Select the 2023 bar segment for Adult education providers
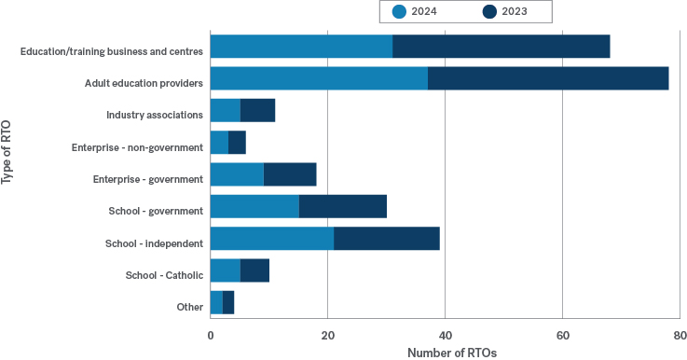coord(548,78)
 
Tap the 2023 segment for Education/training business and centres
coord(501,47)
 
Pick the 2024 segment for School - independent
coord(271,239)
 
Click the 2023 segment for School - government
coord(342,206)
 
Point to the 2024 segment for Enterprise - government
coord(237,174)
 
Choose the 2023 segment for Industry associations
coord(257,110)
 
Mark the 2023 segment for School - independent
coord(386,239)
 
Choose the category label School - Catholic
coord(164,275)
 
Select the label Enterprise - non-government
coord(137,147)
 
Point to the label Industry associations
coord(155,115)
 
